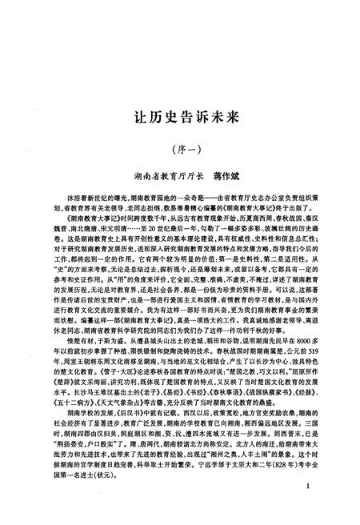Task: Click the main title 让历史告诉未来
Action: point(180,116)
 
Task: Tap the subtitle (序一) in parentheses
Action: point(180,148)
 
